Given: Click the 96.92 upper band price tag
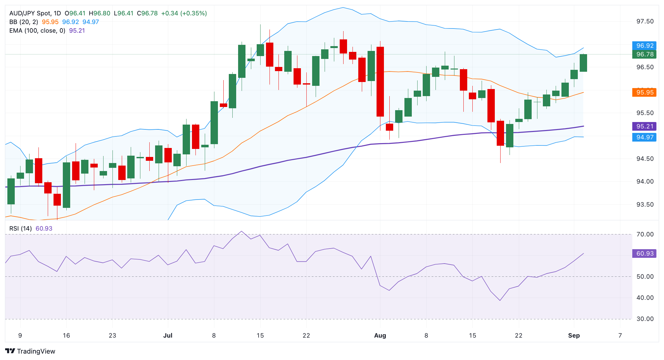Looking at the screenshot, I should coord(644,45).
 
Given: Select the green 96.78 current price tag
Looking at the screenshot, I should coord(644,54).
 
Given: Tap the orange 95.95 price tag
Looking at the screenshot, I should coord(644,92).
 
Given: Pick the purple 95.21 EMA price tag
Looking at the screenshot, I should coord(644,126).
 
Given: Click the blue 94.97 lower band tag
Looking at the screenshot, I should coord(644,137).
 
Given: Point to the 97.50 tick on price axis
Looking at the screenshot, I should coord(644,21).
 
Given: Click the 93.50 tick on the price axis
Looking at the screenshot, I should coord(644,204).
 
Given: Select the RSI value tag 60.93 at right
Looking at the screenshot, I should coord(644,253).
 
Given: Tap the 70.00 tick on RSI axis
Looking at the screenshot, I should coord(644,234).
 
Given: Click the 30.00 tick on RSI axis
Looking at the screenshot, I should coord(644,319).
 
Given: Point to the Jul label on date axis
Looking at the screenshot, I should coord(168,335).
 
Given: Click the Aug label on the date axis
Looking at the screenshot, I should coord(380,335).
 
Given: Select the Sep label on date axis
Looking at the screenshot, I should coord(574,335).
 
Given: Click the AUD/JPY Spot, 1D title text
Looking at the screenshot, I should coord(35,13).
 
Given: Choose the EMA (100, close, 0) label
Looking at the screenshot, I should coord(37,30).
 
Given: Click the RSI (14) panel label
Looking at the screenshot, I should coord(21,228).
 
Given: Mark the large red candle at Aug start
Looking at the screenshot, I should coord(380,82).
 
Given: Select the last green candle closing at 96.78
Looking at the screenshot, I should coord(583,63).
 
